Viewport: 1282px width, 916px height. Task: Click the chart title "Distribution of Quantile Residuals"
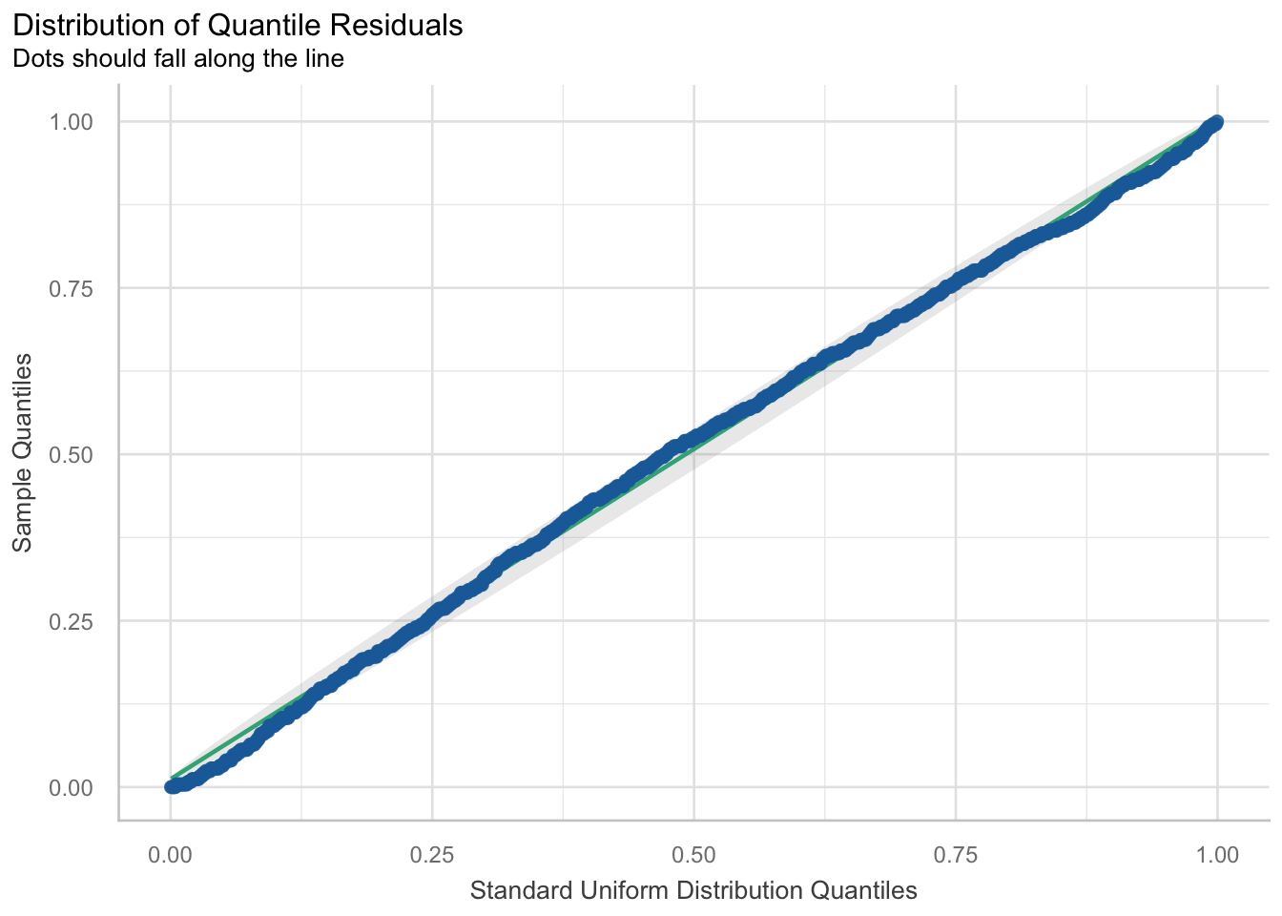238,26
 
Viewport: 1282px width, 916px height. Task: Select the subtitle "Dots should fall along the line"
177,59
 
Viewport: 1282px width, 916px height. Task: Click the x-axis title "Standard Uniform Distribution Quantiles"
693,891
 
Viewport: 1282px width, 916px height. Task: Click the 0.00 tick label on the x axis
171,854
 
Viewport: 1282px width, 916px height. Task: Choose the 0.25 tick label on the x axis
432,854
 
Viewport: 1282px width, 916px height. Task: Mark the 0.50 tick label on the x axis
693,854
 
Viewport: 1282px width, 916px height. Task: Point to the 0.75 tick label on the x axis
956,854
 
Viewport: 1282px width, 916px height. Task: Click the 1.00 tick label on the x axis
1217,854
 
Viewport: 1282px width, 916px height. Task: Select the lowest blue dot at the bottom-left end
172,786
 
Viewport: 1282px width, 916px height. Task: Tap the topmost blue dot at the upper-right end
1216,122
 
